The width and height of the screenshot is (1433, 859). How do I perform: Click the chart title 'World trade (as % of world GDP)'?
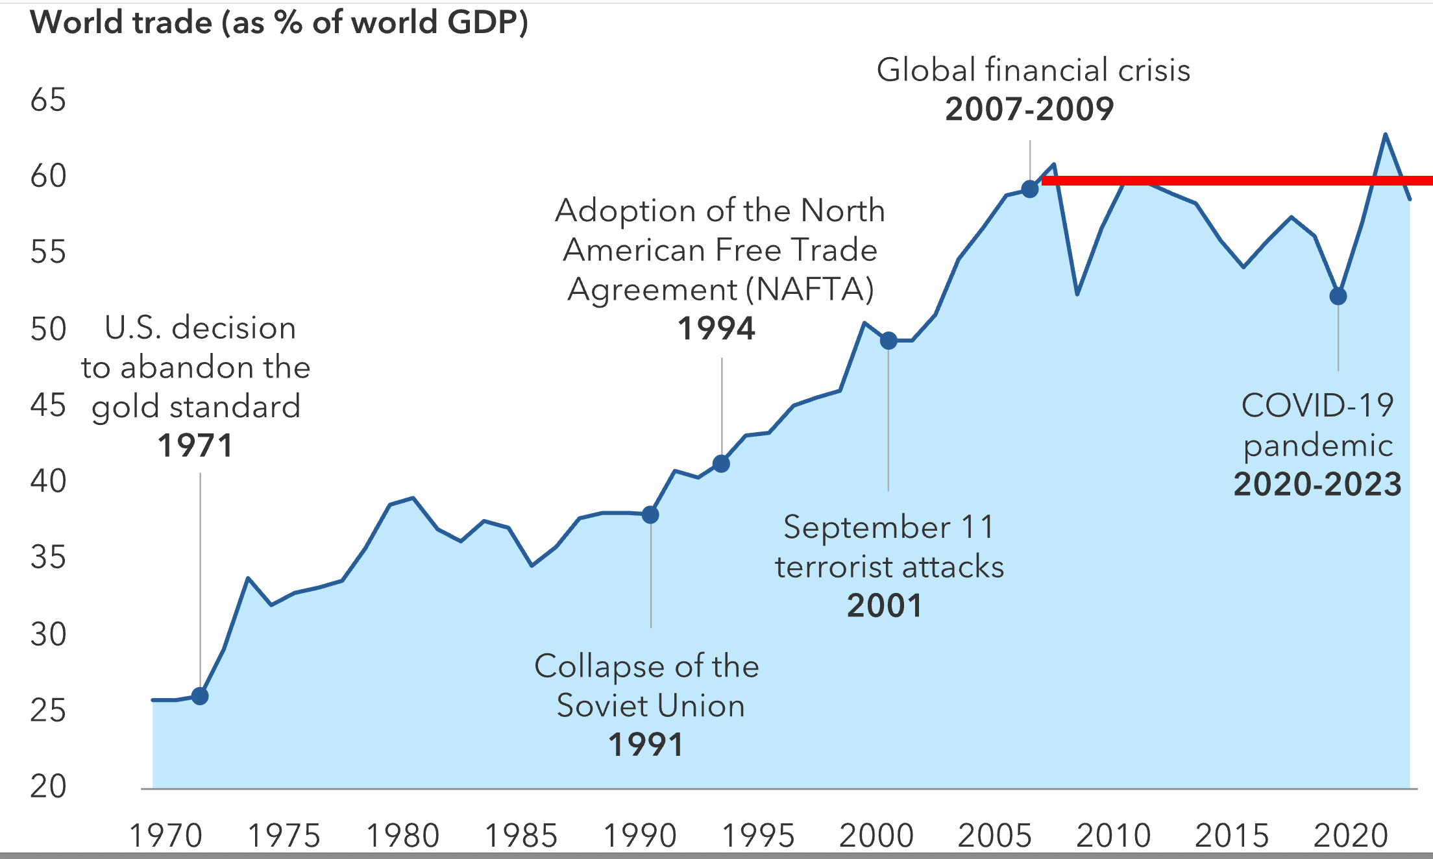pos(279,23)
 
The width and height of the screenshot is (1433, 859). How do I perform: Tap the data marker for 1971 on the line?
pos(200,696)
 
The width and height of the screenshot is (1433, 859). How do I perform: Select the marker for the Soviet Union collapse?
pos(650,515)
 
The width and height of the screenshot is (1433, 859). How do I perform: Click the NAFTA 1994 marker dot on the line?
pos(721,464)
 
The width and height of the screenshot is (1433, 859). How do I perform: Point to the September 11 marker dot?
pos(888,341)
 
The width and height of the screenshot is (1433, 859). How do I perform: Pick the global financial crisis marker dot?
pos(1030,189)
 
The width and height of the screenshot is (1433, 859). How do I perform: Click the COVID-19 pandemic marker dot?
pos(1338,296)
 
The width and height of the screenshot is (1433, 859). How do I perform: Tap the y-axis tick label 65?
pos(48,101)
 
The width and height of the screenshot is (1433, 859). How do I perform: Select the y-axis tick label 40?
pos(48,481)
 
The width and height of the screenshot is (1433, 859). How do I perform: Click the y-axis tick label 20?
pos(48,787)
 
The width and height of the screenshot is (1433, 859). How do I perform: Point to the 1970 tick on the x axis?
pos(166,836)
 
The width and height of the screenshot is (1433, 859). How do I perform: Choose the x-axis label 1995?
pos(758,836)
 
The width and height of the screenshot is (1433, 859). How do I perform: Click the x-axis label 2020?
pos(1351,836)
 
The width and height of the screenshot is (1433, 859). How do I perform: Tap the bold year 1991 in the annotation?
pos(646,745)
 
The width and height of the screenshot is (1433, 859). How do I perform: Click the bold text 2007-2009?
pos(1029,109)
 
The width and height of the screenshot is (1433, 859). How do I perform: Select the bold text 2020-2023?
pos(1317,485)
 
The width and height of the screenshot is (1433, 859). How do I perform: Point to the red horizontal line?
pos(1233,181)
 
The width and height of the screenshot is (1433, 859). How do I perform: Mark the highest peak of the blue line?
pos(1386,135)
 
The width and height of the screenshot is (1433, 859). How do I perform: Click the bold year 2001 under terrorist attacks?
pos(885,606)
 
